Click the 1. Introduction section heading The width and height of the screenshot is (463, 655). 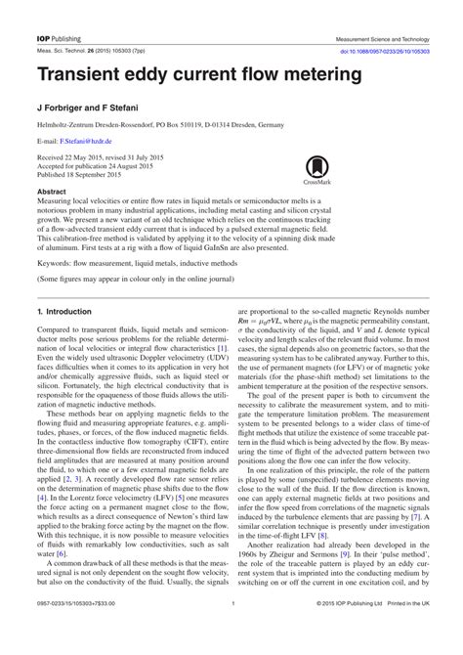pyautogui.click(x=63, y=311)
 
